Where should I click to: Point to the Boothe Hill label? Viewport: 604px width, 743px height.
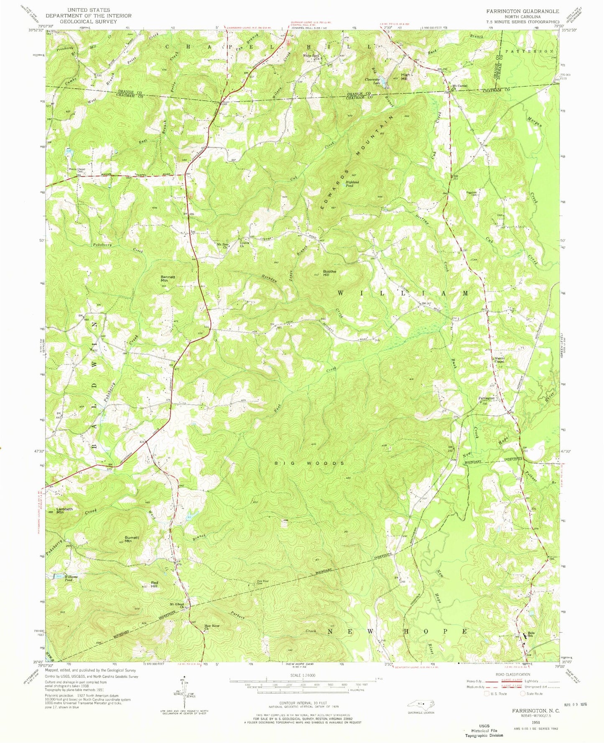tap(329, 274)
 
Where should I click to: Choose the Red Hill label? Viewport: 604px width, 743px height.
tap(154, 586)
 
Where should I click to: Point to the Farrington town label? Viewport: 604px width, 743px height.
tap(486, 398)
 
